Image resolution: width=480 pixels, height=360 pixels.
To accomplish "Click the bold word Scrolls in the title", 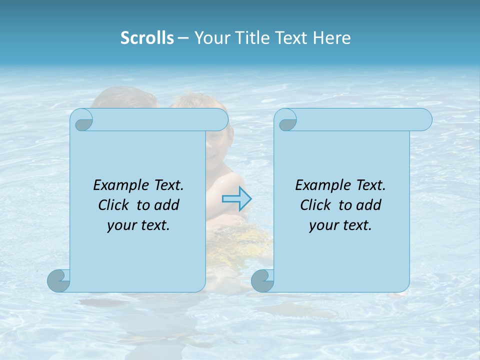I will click(147, 37).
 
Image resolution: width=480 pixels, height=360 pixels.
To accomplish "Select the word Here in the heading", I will click(332, 37).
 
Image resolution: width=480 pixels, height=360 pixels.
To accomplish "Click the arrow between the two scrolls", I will click(236, 199).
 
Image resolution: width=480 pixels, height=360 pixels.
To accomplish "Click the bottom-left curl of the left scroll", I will click(59, 281).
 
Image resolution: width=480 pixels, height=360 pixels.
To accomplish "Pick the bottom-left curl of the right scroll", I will click(263, 281).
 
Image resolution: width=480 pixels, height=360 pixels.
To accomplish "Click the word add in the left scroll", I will click(167, 205).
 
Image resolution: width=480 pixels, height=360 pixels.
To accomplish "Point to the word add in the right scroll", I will click(369, 205).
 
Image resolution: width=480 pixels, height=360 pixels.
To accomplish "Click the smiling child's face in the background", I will click(216, 140).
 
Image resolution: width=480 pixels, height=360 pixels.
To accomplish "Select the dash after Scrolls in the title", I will click(183, 38).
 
